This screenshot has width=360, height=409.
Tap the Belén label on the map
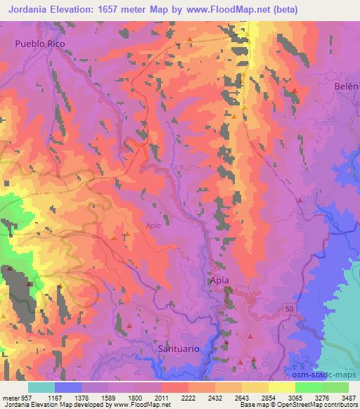click(x=349, y=86)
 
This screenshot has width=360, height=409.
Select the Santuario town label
click(x=179, y=349)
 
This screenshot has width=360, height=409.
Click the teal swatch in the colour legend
click(x=41, y=387)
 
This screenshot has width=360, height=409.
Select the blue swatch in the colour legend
click(x=68, y=387)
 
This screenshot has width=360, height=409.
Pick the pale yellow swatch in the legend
click(x=281, y=387)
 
